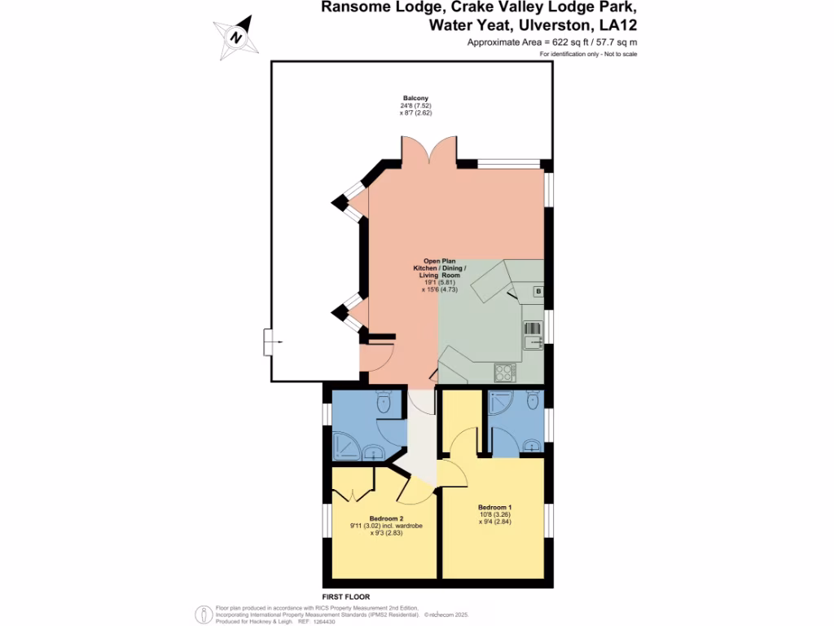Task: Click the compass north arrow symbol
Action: coord(236,37)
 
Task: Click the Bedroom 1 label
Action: coord(495,507)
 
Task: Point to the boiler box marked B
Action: coord(538,292)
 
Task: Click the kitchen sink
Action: coord(533,334)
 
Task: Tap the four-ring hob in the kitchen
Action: coord(504,372)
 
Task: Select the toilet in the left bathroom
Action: coord(384,400)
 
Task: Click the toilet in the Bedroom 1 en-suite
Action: coord(533,399)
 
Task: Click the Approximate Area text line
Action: coord(551,42)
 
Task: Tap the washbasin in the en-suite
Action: coord(532,445)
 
